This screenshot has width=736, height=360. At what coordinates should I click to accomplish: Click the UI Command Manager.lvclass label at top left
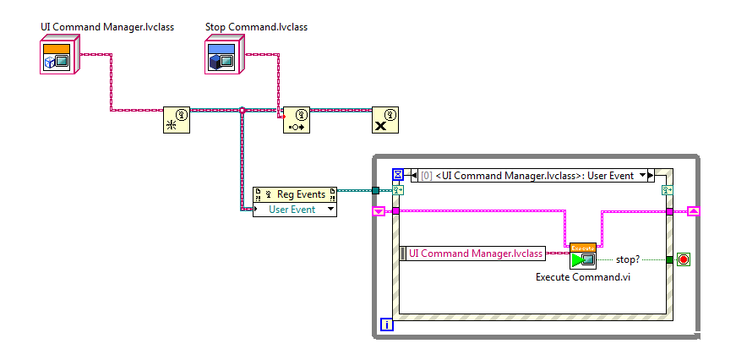coord(106,27)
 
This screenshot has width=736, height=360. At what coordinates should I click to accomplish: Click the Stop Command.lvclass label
coord(256,27)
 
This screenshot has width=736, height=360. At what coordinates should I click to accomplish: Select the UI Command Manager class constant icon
coord(58,57)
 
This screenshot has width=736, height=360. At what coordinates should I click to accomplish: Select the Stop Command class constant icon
coord(223,57)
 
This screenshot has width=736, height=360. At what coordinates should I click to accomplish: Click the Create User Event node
coord(177,121)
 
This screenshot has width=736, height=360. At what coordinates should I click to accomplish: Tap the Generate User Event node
coord(296,121)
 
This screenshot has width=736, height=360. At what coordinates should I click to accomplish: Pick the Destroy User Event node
coord(386,121)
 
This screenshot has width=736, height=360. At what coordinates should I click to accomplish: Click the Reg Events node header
coord(295,194)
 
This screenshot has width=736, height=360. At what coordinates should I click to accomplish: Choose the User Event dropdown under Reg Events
coord(295,209)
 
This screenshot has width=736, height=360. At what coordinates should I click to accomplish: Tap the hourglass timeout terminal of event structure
coord(398,175)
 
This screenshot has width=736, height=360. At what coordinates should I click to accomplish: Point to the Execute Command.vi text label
coord(583,277)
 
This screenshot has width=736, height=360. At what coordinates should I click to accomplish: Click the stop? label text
coord(627,259)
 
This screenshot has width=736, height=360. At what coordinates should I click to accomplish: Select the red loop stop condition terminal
coord(683,259)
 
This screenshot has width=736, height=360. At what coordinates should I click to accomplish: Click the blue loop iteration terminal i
coord(387,325)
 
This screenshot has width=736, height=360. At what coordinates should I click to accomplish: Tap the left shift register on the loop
coord(379,211)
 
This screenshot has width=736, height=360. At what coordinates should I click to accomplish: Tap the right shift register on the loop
coord(693,211)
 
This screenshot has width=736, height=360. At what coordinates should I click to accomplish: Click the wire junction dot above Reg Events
coord(243,110)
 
